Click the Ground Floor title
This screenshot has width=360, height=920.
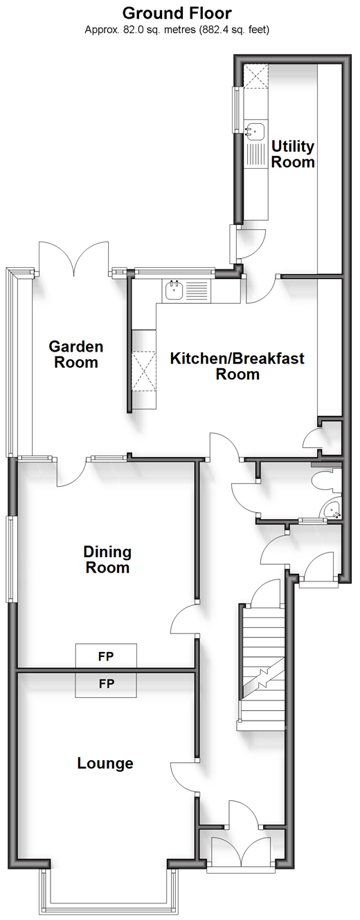click(177, 14)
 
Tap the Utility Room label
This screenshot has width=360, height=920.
click(293, 154)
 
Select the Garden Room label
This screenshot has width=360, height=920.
click(76, 354)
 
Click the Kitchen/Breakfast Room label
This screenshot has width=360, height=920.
click(237, 366)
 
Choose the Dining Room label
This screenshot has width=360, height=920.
click(108, 559)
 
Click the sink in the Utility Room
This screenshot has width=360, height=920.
click(255, 132)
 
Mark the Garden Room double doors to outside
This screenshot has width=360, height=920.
click(74, 258)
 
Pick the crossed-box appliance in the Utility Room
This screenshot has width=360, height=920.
click(255, 76)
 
